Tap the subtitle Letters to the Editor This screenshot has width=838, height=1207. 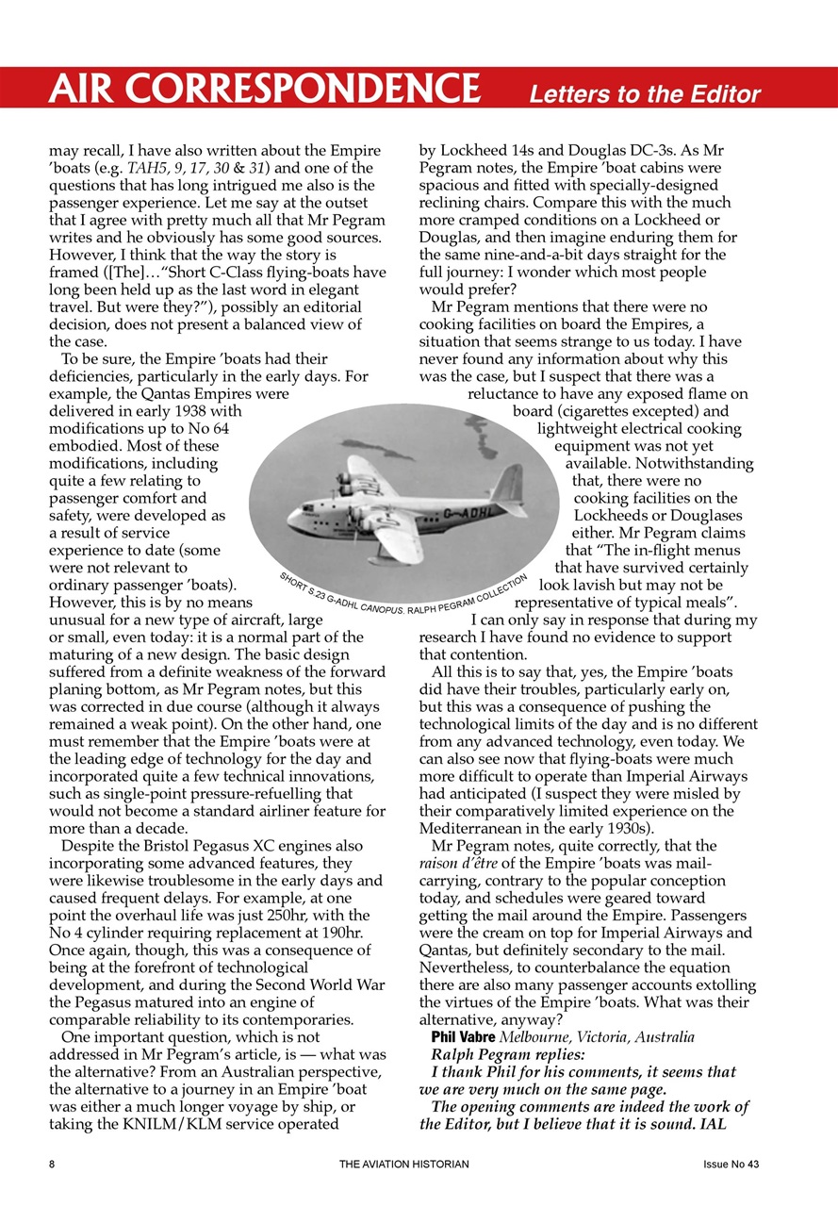pyautogui.click(x=644, y=94)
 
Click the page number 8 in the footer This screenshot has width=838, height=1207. pyautogui.click(x=53, y=1164)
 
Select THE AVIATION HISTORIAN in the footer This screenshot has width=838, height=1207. pyautogui.click(x=403, y=1164)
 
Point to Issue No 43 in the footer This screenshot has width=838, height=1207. pyautogui.click(x=731, y=1164)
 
